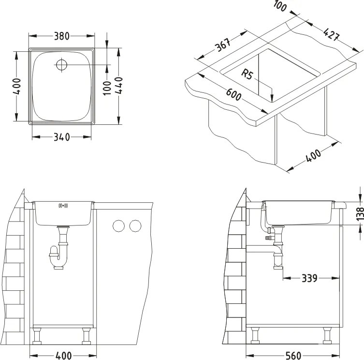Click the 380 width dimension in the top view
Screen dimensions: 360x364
61,36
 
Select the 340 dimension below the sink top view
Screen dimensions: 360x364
61,137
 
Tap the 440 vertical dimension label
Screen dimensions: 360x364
119,86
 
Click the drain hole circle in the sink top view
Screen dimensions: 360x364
62,64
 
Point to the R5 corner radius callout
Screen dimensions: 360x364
248,75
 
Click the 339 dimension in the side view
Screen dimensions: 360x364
309,278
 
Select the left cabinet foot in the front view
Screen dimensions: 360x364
37,335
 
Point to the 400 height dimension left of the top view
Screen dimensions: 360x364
17,86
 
